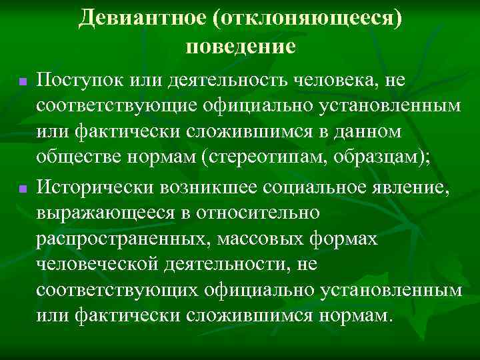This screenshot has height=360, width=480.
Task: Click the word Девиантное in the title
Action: pos(143,18)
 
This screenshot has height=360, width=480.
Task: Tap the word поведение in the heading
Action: pos(240,47)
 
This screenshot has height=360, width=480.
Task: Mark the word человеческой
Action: pos(104,264)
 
